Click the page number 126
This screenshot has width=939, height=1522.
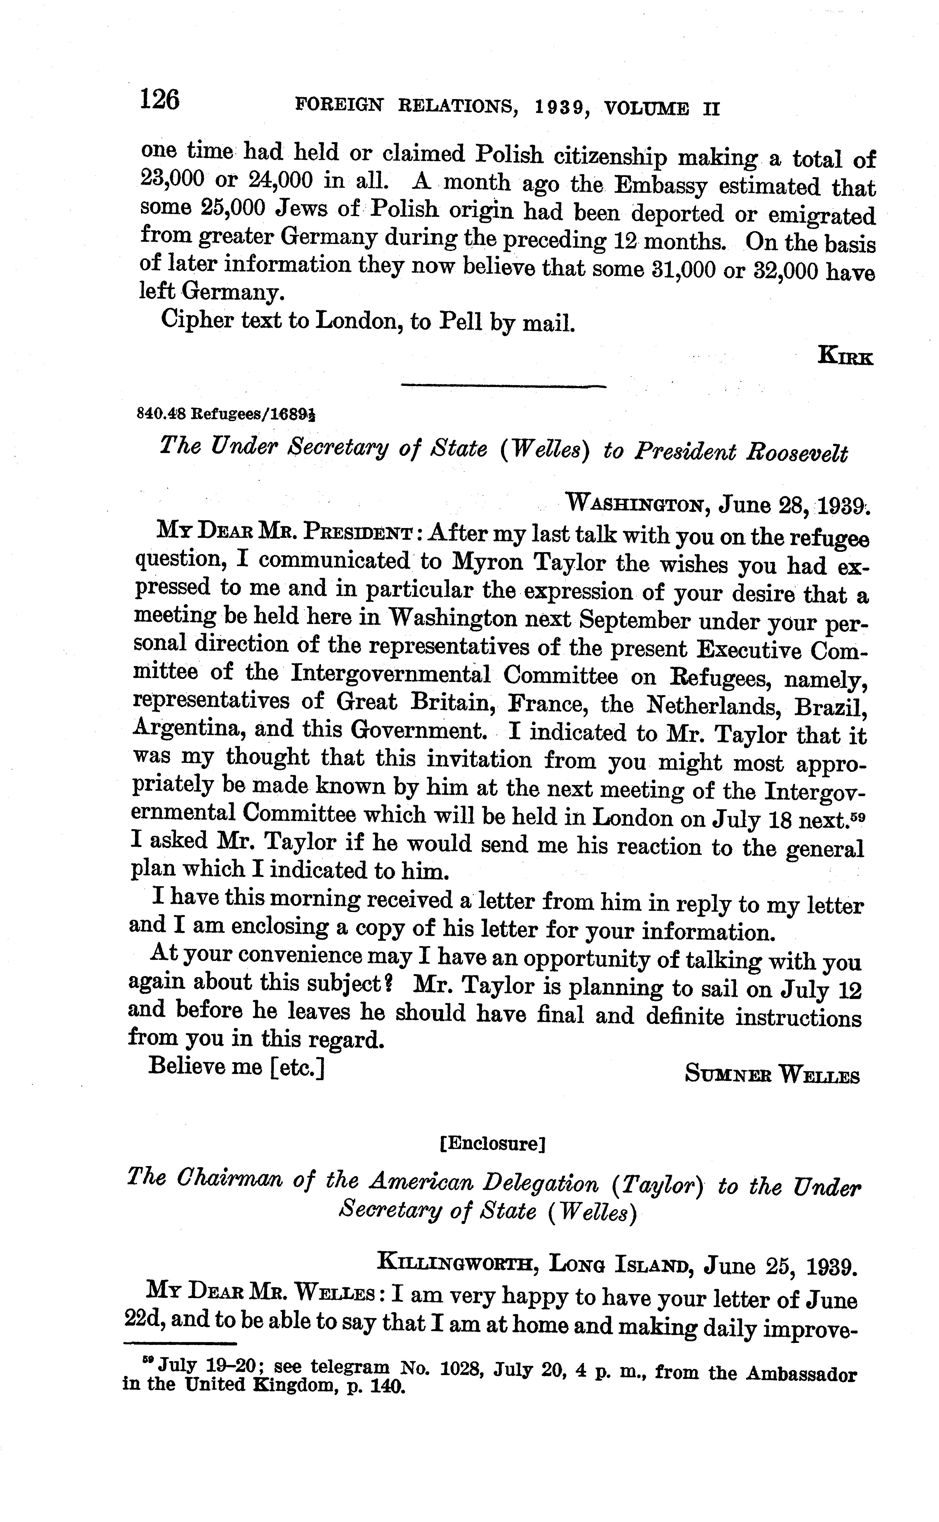(160, 99)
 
